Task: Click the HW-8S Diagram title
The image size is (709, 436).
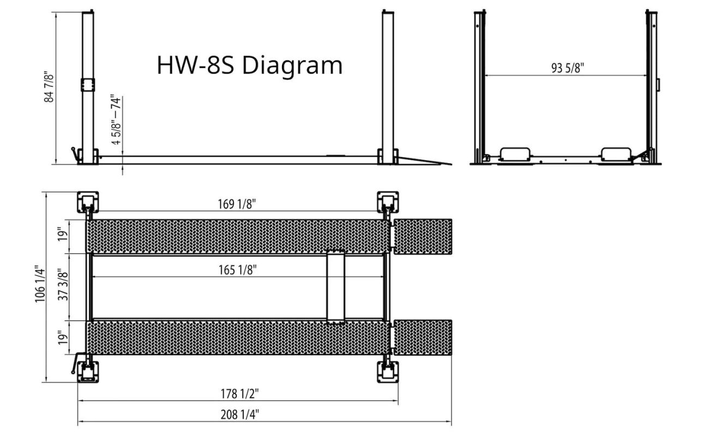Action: [250, 66]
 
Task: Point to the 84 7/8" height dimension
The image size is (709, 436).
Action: [49, 87]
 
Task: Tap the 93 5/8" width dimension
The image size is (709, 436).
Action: [568, 68]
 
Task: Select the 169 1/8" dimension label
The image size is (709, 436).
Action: [237, 204]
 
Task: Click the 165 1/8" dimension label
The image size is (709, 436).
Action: [237, 270]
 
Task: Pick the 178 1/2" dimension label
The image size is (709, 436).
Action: [239, 394]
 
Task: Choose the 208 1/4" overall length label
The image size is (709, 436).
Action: [239, 415]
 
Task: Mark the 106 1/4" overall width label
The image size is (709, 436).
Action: [40, 284]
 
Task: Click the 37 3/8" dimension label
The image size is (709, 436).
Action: [63, 284]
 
